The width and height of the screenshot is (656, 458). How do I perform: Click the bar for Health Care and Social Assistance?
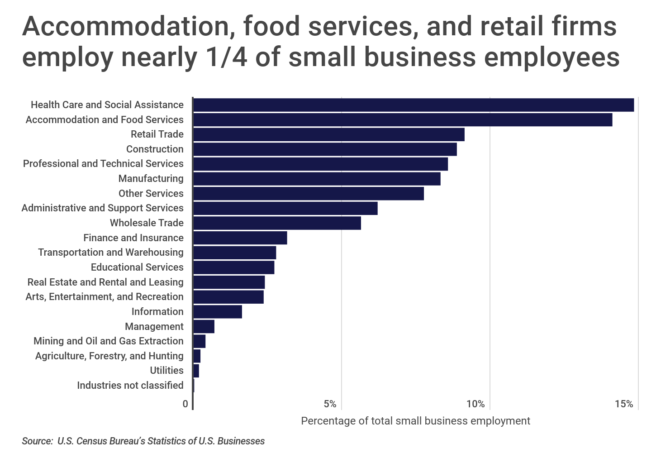(x=414, y=105)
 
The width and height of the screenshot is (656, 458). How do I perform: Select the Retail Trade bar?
(x=329, y=134)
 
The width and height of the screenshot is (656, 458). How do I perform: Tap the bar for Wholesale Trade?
(x=277, y=223)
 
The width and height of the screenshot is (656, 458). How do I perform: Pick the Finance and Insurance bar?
(x=240, y=238)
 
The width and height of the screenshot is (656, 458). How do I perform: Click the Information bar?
(x=218, y=312)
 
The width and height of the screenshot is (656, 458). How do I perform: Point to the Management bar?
(x=204, y=326)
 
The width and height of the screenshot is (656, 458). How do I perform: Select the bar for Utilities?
(x=196, y=371)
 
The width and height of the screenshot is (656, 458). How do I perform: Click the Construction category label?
(x=155, y=149)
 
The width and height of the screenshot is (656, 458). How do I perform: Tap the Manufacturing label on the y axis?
(x=151, y=178)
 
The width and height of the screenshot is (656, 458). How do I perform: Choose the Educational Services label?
(x=137, y=267)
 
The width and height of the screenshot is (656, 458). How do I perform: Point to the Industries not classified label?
(x=130, y=385)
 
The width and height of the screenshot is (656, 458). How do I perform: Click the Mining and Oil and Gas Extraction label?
(x=109, y=341)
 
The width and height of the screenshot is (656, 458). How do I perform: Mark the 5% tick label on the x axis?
(x=330, y=404)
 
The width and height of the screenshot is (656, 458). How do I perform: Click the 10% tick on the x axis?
(x=475, y=404)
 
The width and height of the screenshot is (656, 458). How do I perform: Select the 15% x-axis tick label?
(x=624, y=404)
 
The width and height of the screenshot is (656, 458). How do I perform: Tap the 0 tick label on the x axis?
(x=185, y=404)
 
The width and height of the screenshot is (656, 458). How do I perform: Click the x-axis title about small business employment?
(x=415, y=421)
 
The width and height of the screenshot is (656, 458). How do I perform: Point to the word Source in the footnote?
(x=37, y=441)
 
